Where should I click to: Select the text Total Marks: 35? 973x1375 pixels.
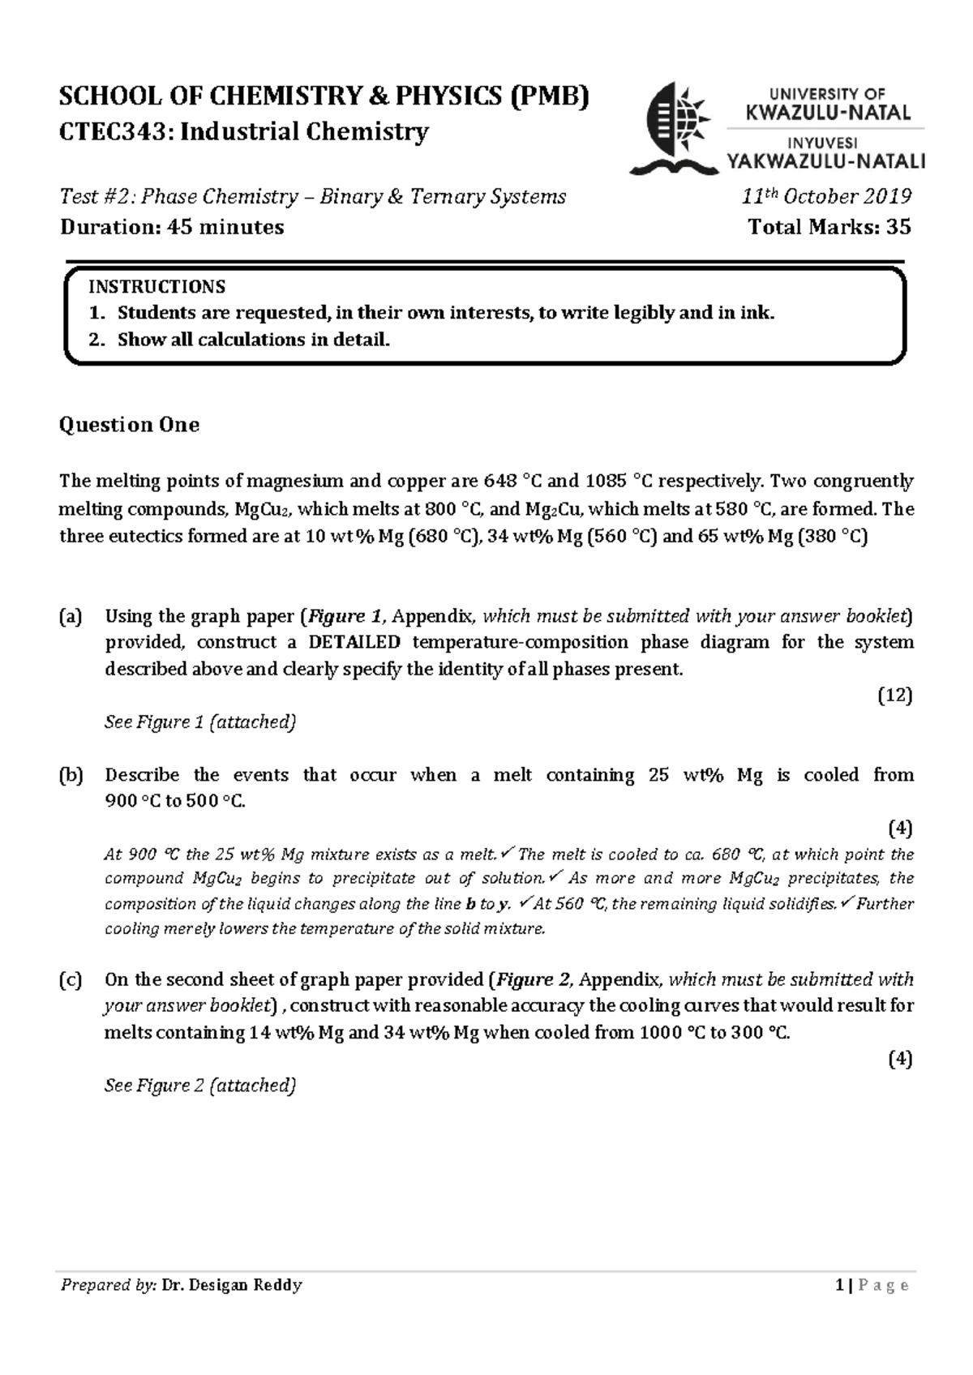point(829,227)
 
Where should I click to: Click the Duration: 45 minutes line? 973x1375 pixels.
point(172,227)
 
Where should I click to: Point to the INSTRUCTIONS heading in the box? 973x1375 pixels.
point(156,286)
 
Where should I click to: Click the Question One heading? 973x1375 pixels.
point(129,425)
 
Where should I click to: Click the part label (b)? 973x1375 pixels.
point(71,775)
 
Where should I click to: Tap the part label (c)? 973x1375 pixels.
point(71,979)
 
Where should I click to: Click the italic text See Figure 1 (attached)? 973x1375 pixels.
point(199,722)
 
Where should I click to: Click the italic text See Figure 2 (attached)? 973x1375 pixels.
point(199,1085)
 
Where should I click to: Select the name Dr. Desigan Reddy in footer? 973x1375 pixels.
point(232,1285)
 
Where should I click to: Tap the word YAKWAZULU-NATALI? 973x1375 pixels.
point(827,162)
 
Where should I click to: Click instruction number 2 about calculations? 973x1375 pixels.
point(253,340)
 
